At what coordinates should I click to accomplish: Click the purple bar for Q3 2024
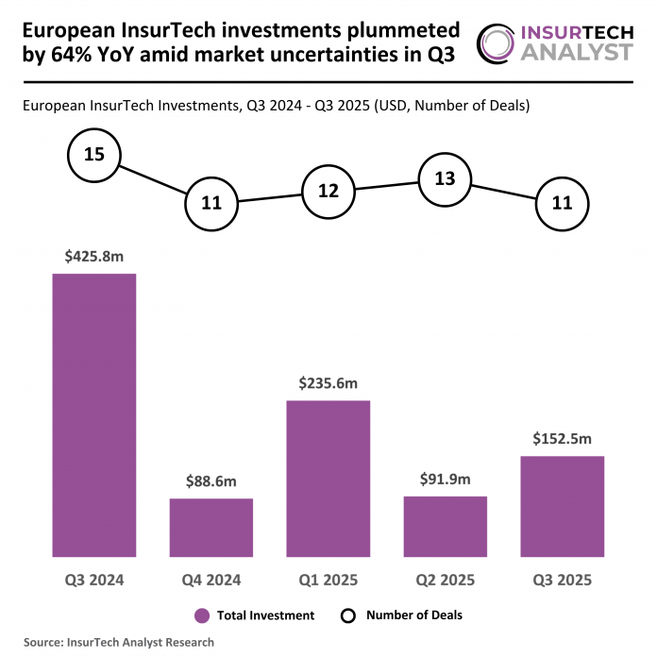coord(93,415)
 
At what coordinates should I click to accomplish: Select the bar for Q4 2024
coord(211,528)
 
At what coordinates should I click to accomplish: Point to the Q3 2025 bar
coord(562,506)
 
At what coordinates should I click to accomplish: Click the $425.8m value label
coord(93,254)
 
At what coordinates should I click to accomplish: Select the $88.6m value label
coord(211,480)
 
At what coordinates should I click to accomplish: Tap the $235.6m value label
coord(328,381)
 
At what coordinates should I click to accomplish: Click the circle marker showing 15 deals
coord(93,153)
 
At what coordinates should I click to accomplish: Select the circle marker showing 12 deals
coord(328,191)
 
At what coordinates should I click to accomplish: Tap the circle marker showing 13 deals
coord(445,177)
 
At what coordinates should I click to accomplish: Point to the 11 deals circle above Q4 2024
coord(211,202)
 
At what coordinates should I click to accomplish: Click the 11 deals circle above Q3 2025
coord(562,202)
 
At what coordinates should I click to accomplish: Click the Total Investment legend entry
coord(254,615)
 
